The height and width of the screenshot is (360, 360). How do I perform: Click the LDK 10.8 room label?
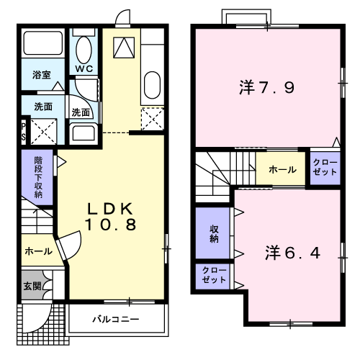click(x=110, y=217)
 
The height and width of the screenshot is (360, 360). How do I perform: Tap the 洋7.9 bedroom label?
click(x=267, y=87)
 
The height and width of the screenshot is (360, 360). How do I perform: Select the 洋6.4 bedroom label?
click(x=293, y=253)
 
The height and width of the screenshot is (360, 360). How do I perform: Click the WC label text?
click(x=84, y=68)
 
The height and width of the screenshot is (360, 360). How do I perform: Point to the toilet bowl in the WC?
click(x=84, y=50)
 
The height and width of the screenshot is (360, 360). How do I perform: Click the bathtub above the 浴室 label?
click(x=43, y=43)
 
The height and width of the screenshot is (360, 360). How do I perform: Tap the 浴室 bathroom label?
click(x=42, y=75)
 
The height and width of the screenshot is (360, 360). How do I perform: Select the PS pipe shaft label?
click(x=24, y=132)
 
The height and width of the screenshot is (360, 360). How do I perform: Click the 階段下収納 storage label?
click(x=38, y=177)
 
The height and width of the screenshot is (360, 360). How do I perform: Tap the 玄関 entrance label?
click(x=32, y=286)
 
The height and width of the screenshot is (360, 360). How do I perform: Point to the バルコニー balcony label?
click(x=116, y=319)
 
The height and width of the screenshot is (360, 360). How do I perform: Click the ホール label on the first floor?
click(x=38, y=251)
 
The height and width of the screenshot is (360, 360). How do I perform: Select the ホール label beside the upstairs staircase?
click(x=282, y=170)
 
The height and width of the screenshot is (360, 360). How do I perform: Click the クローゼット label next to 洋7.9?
click(x=325, y=167)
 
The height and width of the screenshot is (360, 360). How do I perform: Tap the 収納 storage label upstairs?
click(x=214, y=234)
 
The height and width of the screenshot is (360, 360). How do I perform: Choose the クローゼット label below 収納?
click(x=214, y=275)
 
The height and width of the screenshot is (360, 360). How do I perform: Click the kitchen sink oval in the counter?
click(x=152, y=85)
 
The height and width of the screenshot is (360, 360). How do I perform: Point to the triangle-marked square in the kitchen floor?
click(x=124, y=48)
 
